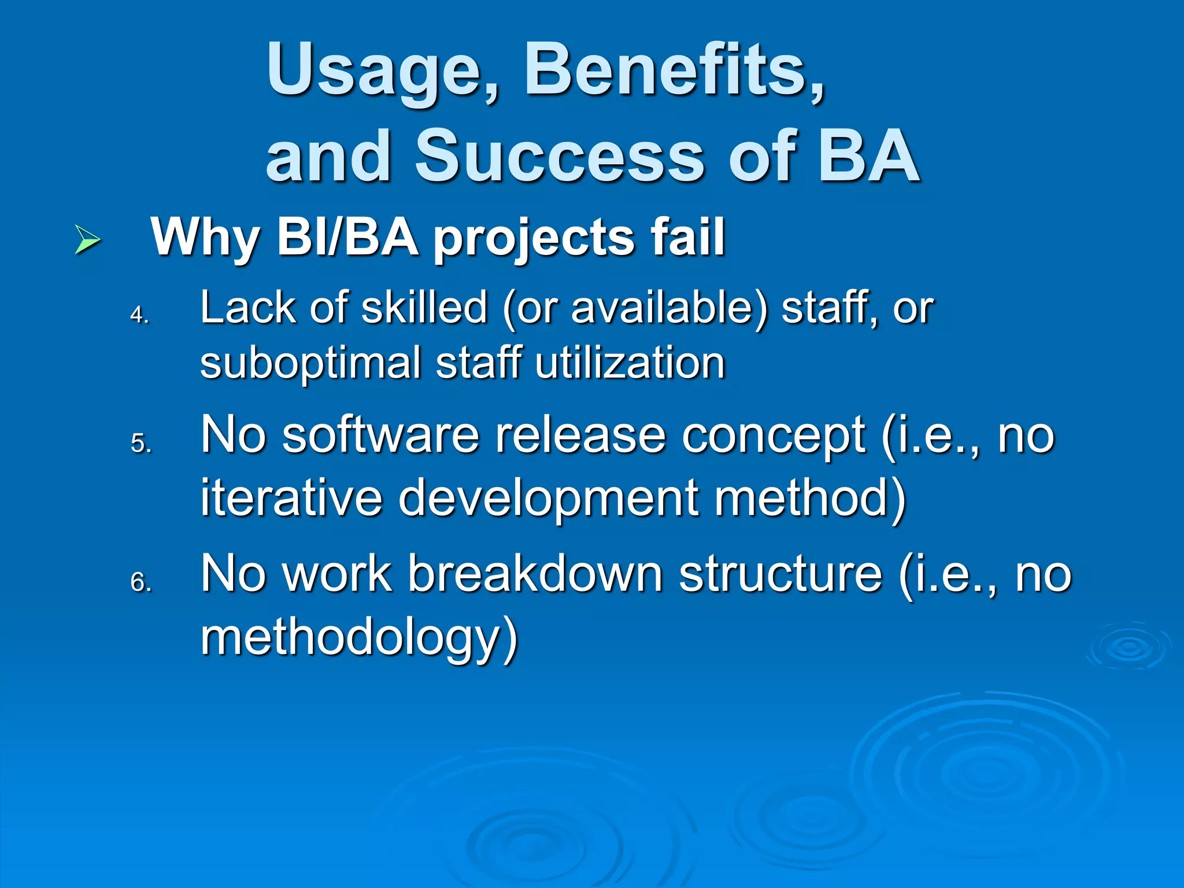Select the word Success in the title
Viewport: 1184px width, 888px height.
(x=560, y=156)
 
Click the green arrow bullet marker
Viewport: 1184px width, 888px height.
(x=88, y=240)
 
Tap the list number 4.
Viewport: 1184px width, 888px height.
(x=139, y=315)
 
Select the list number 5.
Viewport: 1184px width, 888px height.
(x=140, y=444)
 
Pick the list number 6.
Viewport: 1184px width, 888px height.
(x=140, y=582)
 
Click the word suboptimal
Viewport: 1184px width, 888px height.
(x=310, y=363)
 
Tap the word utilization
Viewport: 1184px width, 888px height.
(x=630, y=363)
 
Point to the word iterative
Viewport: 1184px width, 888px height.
(x=291, y=497)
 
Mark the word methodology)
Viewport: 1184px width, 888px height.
(x=358, y=637)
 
